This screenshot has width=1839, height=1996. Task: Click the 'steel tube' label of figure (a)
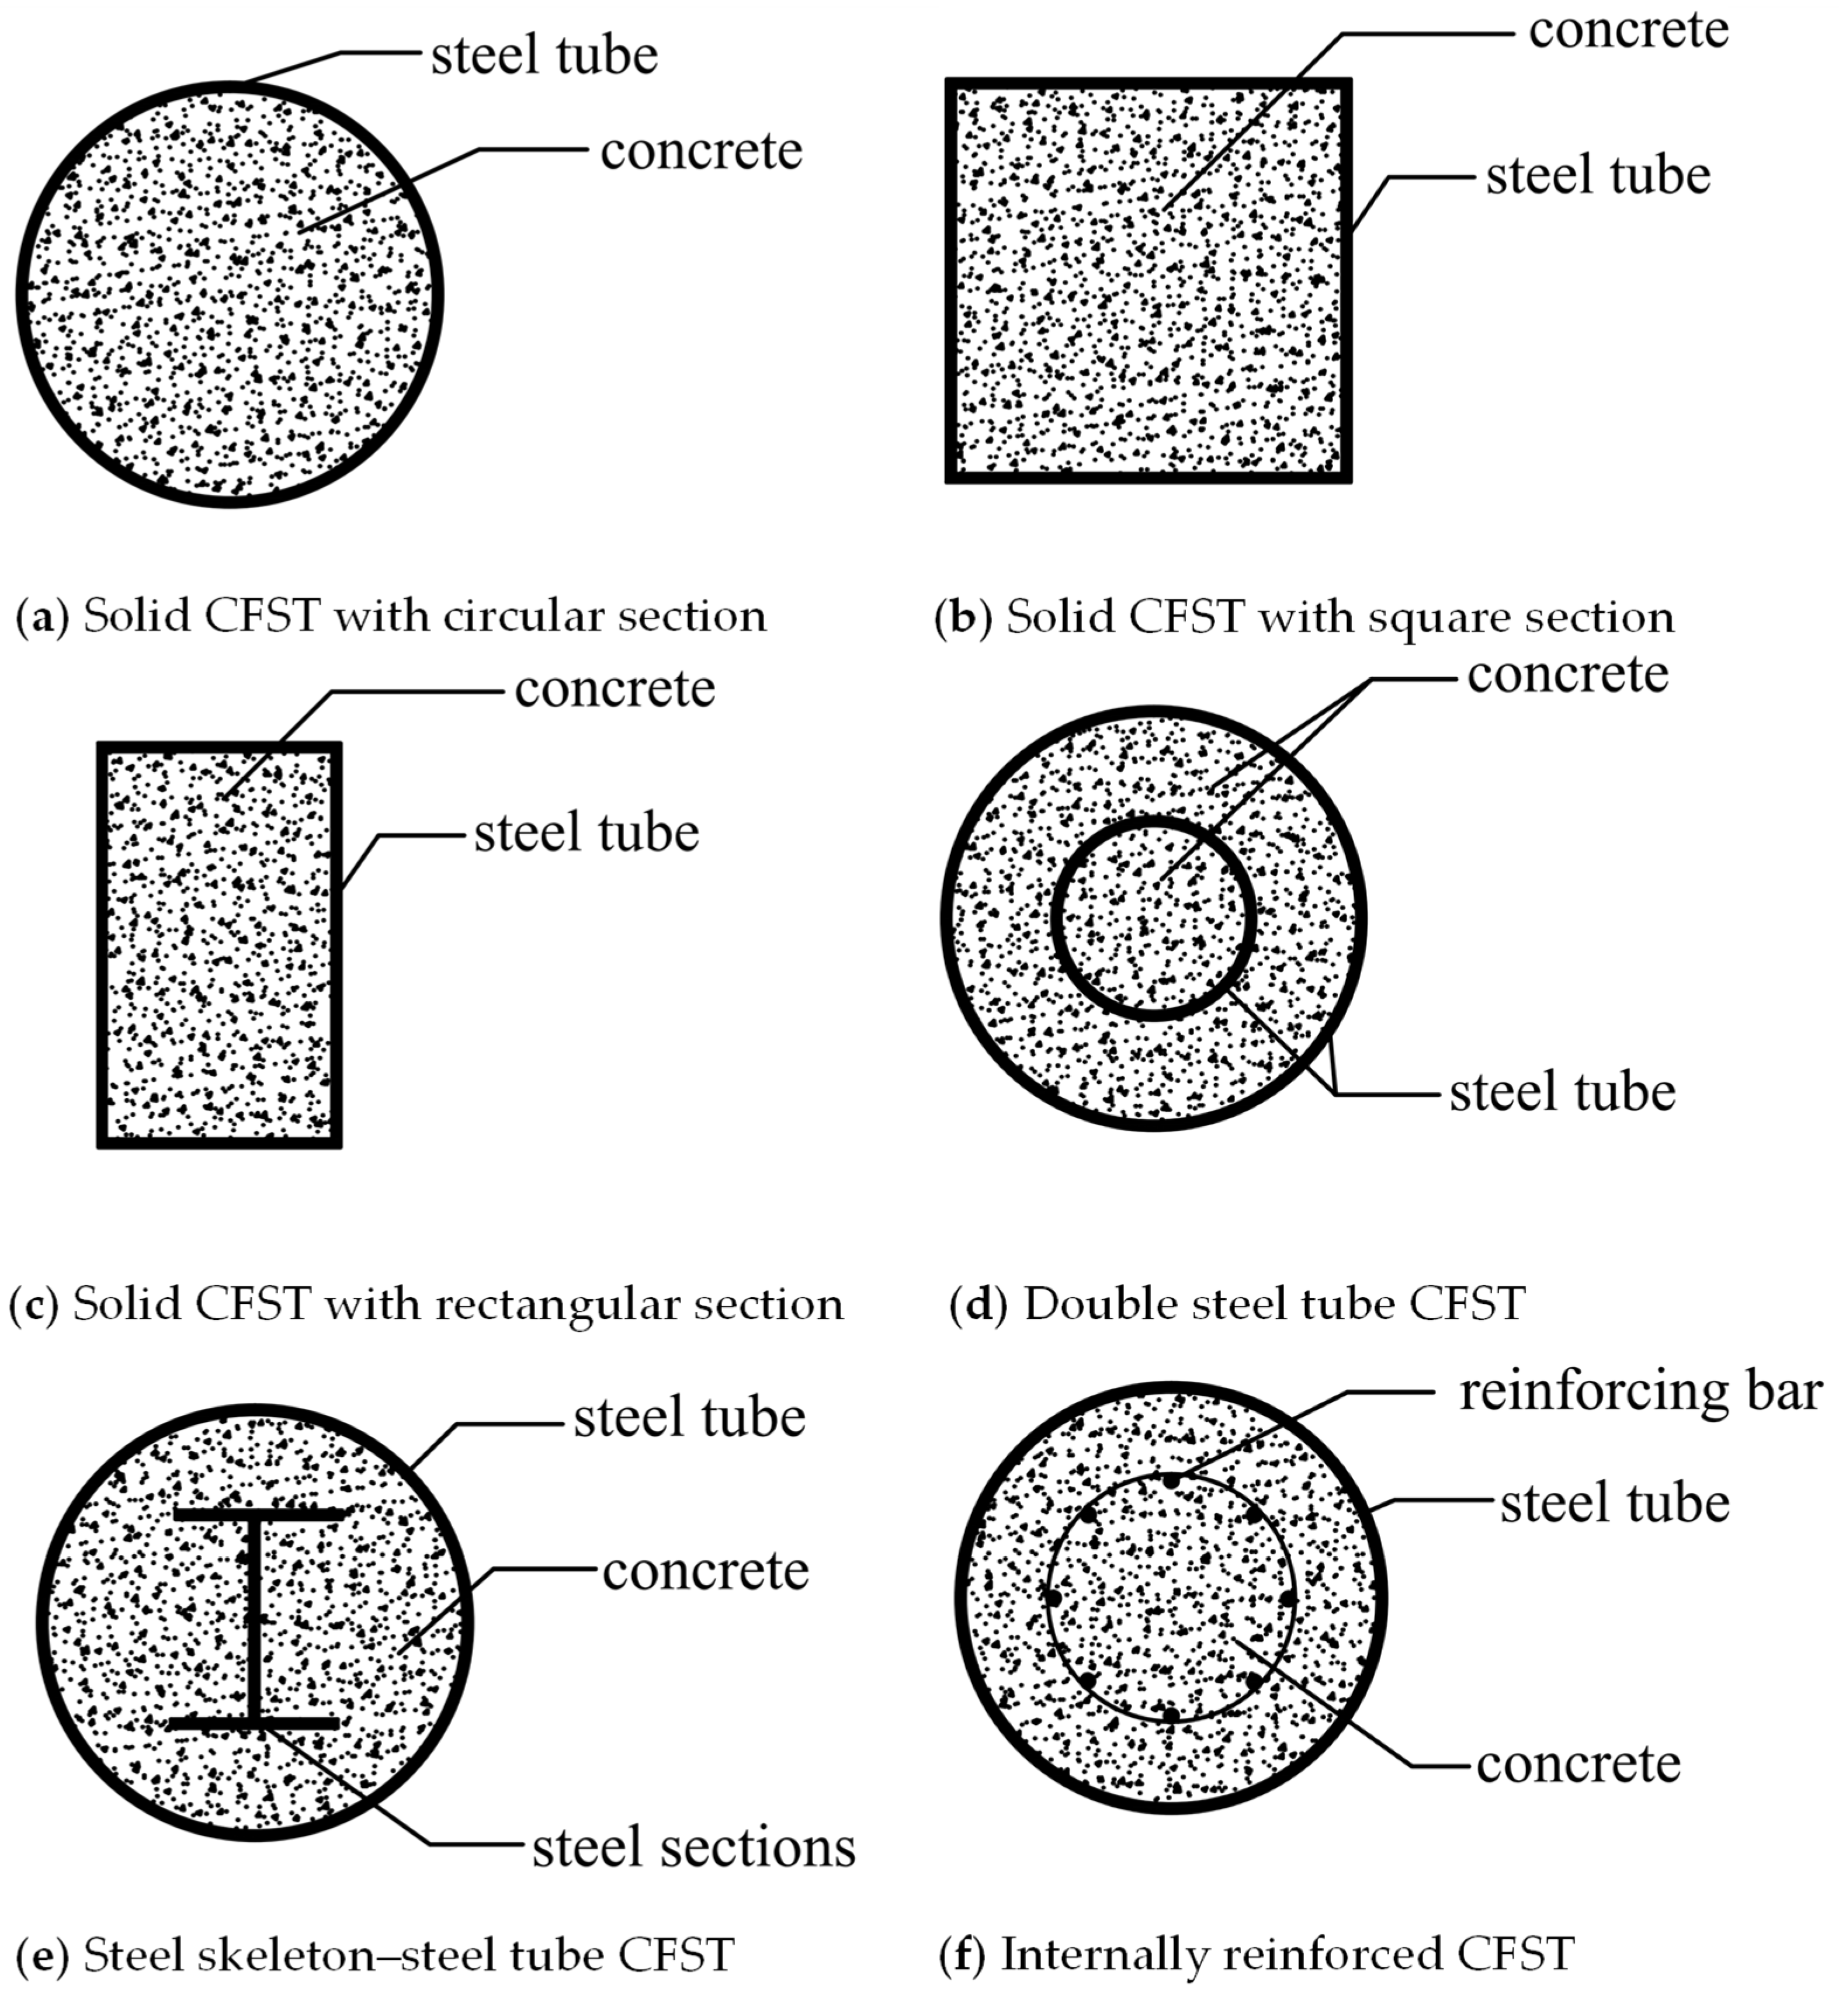(544, 55)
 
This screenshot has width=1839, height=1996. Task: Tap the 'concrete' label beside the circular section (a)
(702, 151)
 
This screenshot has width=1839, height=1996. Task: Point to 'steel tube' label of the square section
(1598, 175)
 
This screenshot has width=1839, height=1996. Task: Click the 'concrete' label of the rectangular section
(615, 689)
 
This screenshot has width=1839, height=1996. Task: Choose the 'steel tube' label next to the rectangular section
(586, 833)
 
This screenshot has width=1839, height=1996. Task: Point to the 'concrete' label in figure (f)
(1579, 1764)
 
